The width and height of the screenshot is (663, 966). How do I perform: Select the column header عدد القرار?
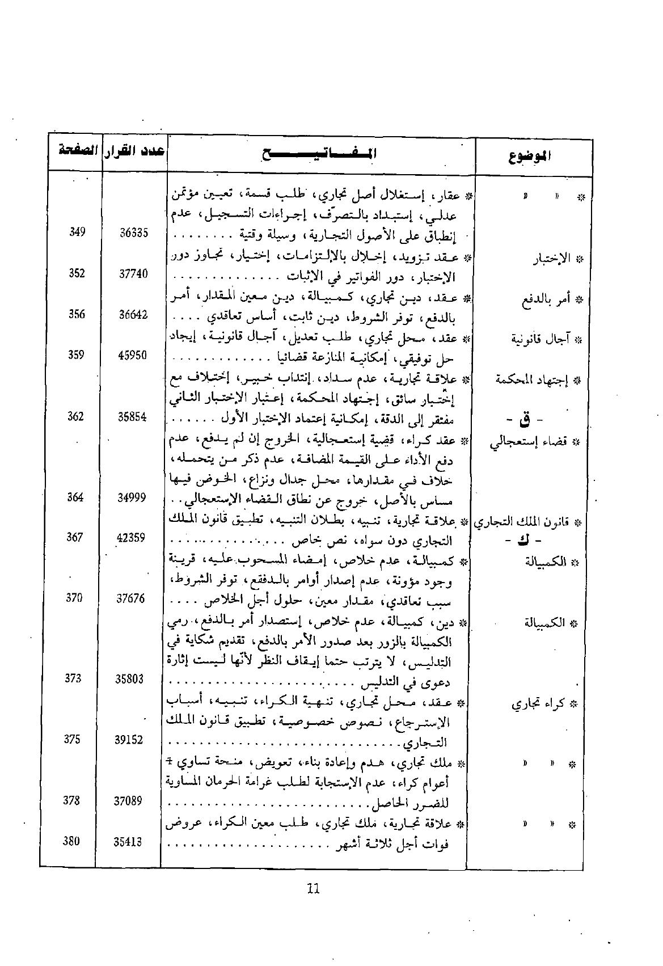(x=136, y=151)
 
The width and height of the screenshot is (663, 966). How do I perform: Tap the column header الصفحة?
(x=76, y=151)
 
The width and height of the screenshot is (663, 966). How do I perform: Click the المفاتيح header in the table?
(x=319, y=153)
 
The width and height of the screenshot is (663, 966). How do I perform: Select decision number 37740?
(x=133, y=273)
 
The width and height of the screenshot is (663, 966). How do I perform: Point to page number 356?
(x=77, y=314)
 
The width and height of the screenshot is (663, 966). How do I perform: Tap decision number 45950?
(x=133, y=355)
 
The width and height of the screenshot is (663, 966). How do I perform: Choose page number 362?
(x=75, y=416)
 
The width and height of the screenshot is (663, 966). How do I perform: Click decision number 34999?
(x=132, y=497)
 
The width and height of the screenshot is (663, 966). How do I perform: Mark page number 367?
(x=75, y=537)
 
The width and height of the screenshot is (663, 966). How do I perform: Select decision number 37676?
(x=130, y=598)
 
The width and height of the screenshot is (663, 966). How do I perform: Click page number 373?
(x=73, y=678)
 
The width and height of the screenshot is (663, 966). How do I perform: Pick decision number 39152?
(x=129, y=740)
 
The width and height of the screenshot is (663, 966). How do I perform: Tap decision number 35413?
(x=128, y=842)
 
